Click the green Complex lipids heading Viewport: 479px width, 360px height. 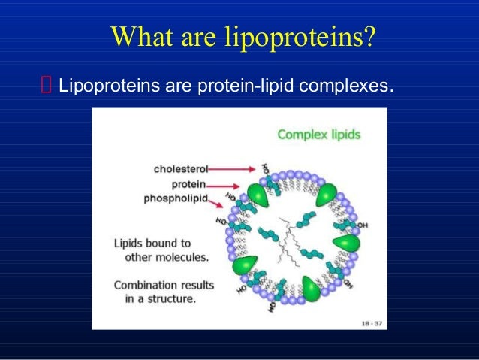pos(318,135)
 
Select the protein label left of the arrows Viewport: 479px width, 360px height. pos(189,183)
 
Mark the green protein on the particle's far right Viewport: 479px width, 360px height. pos(347,244)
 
